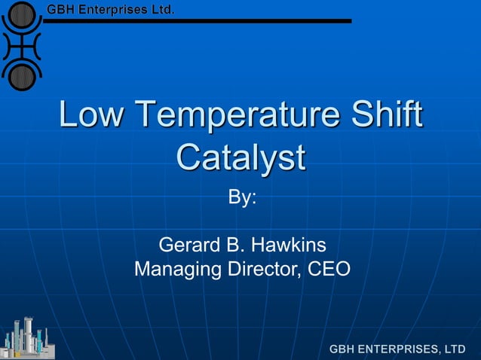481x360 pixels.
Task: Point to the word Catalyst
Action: [240, 158]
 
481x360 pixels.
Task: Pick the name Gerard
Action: [190, 246]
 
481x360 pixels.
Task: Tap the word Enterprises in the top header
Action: [112, 11]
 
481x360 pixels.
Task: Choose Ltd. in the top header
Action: [162, 11]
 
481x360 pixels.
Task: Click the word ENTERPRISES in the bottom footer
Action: [398, 349]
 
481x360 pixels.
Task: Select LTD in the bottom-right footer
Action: [455, 349]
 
